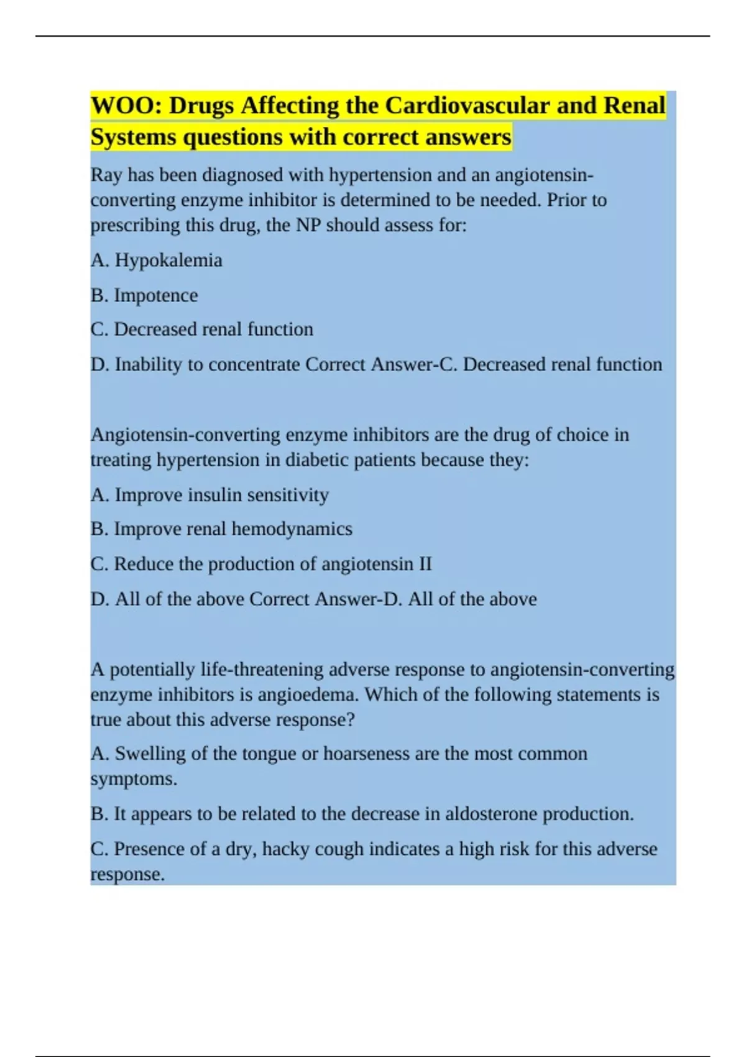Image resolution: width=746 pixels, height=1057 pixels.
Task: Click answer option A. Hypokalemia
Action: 157,260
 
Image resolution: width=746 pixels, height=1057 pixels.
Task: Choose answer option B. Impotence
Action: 144,295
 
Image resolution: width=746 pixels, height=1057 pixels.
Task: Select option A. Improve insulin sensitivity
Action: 210,495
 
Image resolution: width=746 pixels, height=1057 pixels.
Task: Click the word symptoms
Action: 133,779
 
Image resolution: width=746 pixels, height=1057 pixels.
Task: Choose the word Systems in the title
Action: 133,137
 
